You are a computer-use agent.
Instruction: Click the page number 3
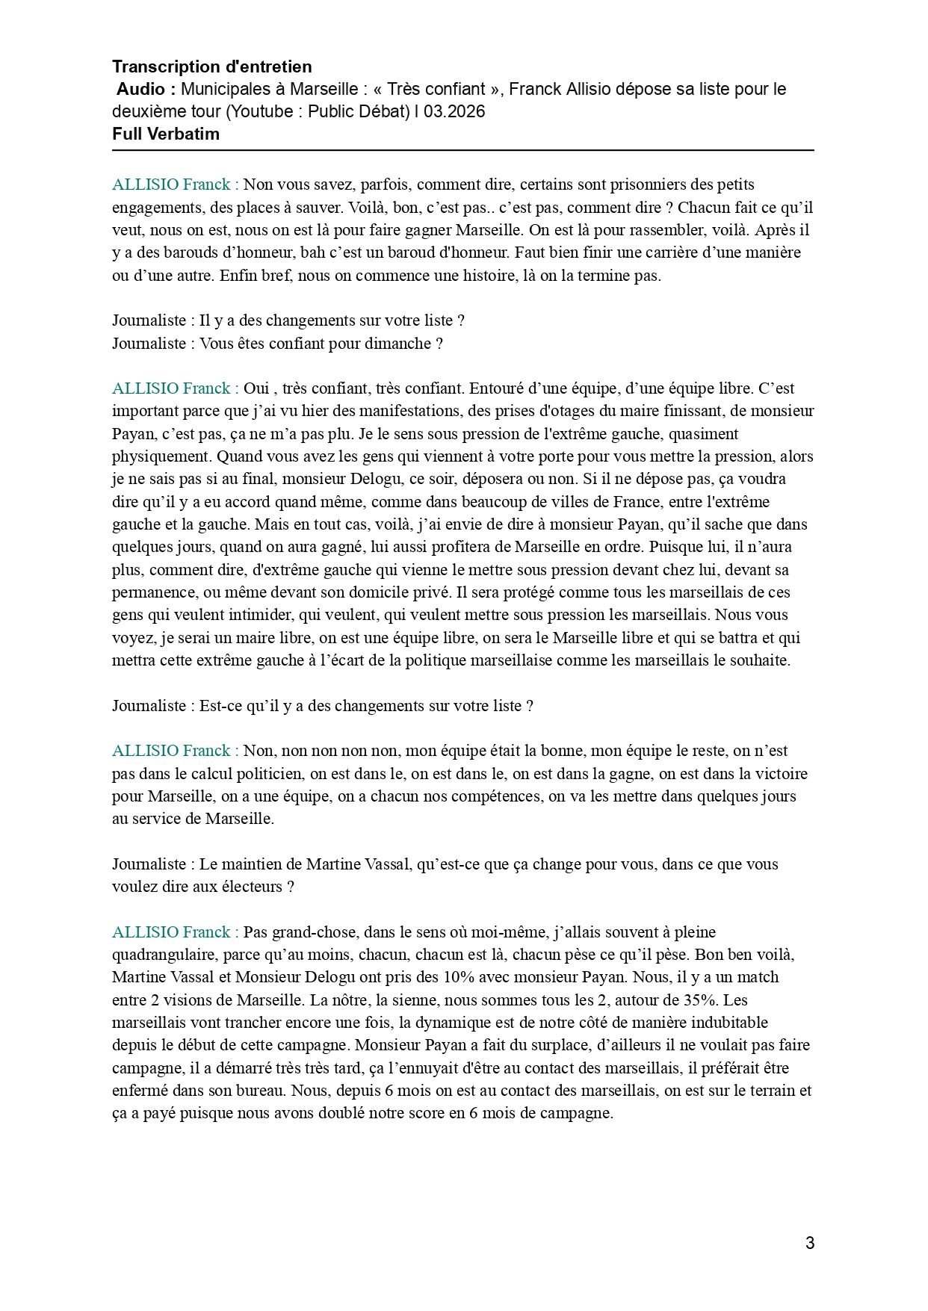click(x=810, y=1244)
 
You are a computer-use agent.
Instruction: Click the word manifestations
click(x=412, y=411)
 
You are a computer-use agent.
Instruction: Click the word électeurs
click(x=248, y=887)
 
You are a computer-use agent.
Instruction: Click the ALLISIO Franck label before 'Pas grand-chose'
click(x=175, y=932)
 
